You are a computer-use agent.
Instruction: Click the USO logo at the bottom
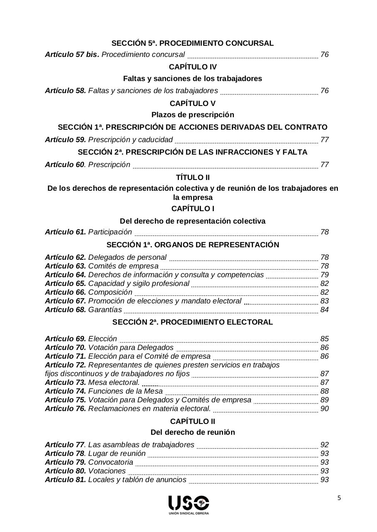tap(188, 504)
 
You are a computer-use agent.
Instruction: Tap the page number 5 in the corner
tap(339, 499)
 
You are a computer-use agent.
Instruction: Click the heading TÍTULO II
tap(193, 178)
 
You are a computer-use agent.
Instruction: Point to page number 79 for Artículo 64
tap(325, 275)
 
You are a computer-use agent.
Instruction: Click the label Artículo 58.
tap(65, 91)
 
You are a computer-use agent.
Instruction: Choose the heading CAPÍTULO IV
tap(193, 67)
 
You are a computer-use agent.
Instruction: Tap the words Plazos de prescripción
tap(193, 115)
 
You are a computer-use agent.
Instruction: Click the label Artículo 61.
tap(65, 232)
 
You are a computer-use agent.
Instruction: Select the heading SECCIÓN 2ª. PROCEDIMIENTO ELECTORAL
tap(193, 322)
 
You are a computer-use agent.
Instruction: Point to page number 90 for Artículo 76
tap(325, 409)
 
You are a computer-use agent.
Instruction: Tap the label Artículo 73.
tap(65, 382)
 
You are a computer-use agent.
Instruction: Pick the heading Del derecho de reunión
tap(193, 432)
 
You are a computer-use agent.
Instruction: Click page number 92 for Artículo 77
tap(325, 445)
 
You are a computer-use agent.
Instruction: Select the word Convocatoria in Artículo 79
tap(111, 462)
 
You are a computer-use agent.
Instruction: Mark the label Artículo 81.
tap(65, 480)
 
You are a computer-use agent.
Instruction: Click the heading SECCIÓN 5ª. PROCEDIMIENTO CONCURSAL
tap(193, 43)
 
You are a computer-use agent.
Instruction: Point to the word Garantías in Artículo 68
tap(105, 310)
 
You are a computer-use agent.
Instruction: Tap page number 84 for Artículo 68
tap(325, 310)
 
